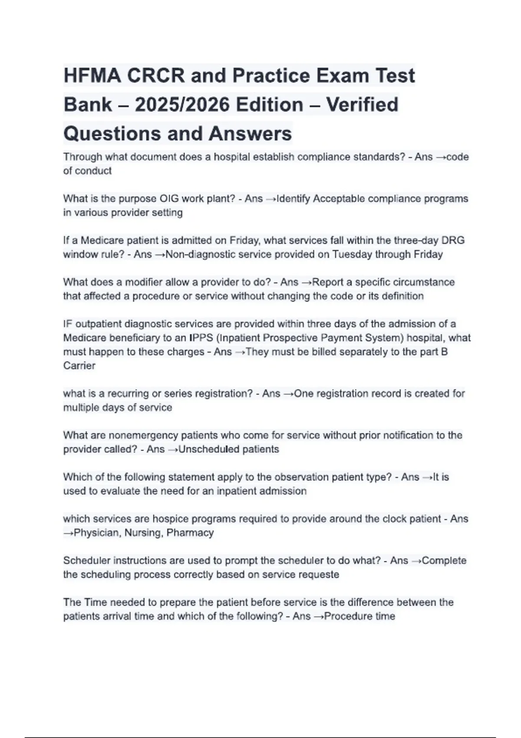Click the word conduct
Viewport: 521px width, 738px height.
[93, 171]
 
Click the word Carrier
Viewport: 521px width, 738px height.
[79, 366]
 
